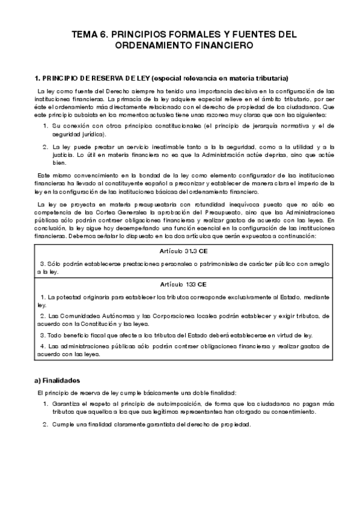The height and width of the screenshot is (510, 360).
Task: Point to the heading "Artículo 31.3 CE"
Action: [180, 251]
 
